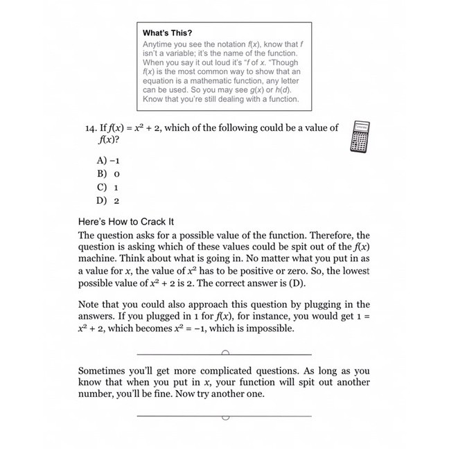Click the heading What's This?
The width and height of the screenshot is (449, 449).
[x=168, y=33]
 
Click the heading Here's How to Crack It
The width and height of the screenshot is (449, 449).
[x=125, y=222]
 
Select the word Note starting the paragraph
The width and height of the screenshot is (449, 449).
[x=90, y=303]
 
